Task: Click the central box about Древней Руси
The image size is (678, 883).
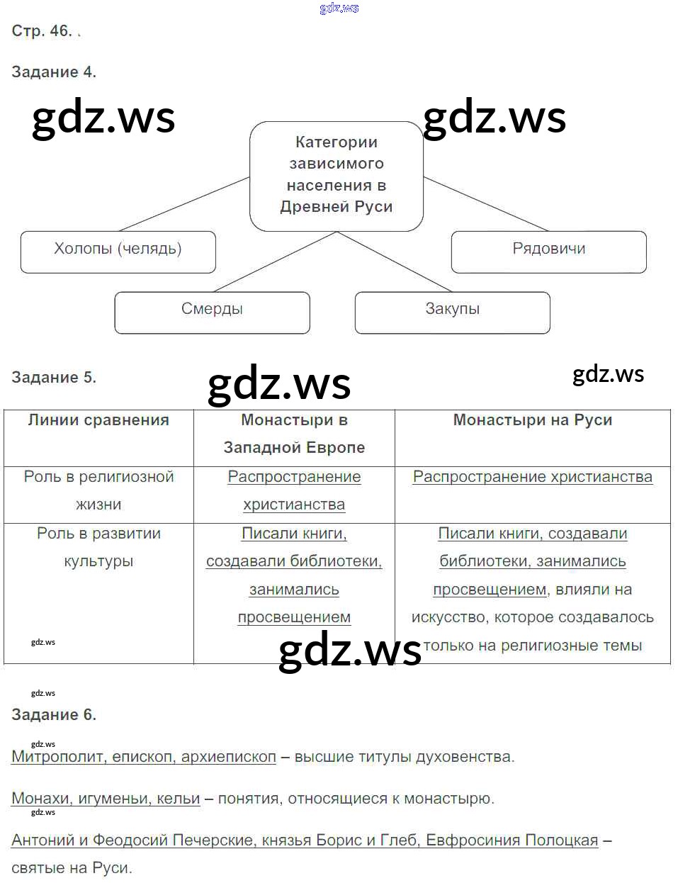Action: click(337, 176)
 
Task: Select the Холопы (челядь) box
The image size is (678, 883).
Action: click(118, 251)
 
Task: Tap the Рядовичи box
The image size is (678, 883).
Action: click(548, 251)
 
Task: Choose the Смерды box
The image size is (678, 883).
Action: click(212, 312)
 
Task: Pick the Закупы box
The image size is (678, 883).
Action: click(452, 312)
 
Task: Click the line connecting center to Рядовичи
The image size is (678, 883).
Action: click(487, 204)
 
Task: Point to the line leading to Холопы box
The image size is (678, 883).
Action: click(184, 204)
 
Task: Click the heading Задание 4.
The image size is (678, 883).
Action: click(54, 72)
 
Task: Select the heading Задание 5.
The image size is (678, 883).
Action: click(54, 377)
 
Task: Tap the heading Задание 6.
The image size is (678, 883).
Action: click(54, 714)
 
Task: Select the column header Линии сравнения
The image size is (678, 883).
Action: click(98, 420)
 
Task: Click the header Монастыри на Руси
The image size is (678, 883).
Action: click(532, 420)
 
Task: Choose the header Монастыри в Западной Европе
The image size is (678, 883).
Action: click(294, 434)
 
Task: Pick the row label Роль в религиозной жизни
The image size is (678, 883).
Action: click(98, 490)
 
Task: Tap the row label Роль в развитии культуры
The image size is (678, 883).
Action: click(98, 547)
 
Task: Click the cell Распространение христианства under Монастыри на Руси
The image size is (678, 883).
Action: click(532, 477)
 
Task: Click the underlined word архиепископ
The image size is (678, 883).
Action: click(228, 757)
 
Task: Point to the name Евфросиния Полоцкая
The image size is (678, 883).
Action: click(512, 840)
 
